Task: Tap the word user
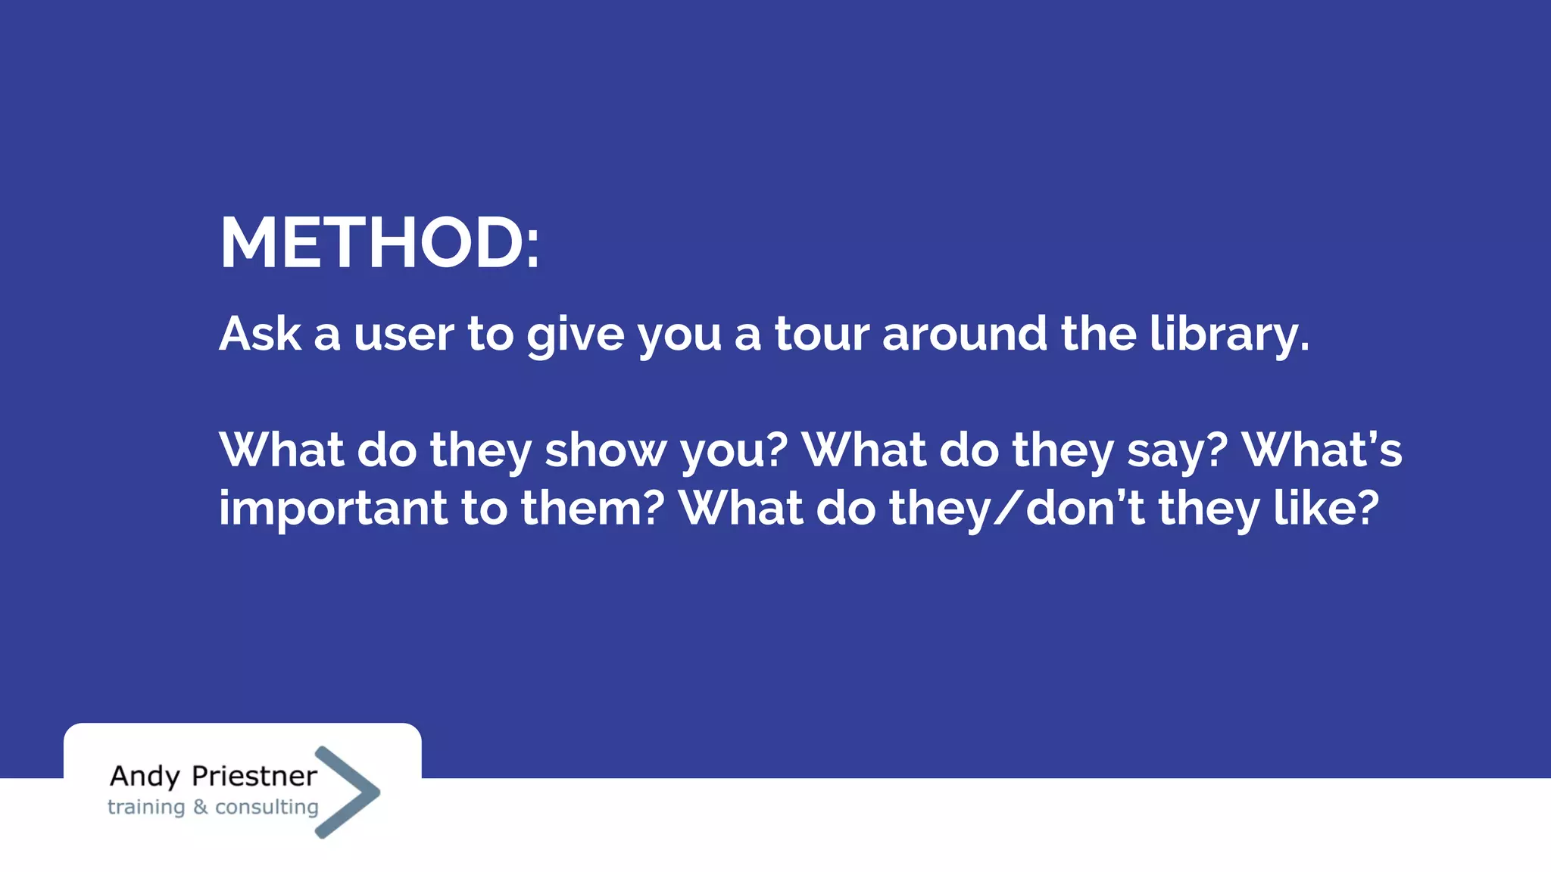click(x=404, y=334)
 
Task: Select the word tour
click(x=821, y=334)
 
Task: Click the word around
click(x=964, y=334)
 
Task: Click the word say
click(x=1176, y=450)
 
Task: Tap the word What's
click(x=1322, y=450)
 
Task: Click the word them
click(x=592, y=509)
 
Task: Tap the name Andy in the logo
click(x=145, y=777)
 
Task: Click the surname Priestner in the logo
click(x=254, y=777)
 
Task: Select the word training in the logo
click(x=146, y=808)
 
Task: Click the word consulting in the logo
click(x=267, y=808)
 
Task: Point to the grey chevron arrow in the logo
click(x=348, y=792)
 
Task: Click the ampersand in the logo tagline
click(x=200, y=807)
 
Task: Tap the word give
click(x=575, y=334)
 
